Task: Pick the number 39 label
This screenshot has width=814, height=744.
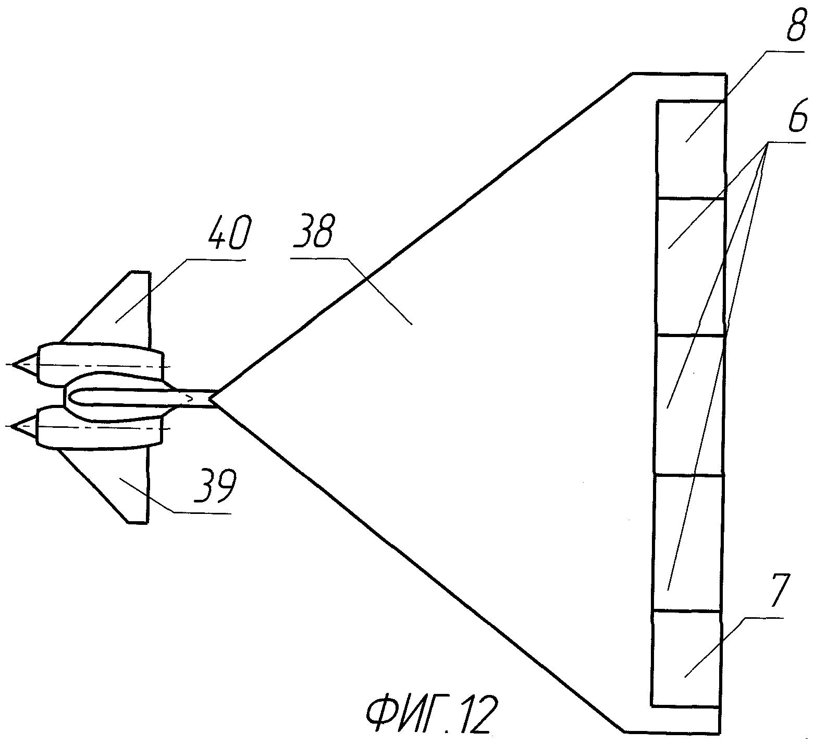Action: pyautogui.click(x=215, y=486)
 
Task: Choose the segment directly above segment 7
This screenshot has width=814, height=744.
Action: pyautogui.click(x=687, y=543)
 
